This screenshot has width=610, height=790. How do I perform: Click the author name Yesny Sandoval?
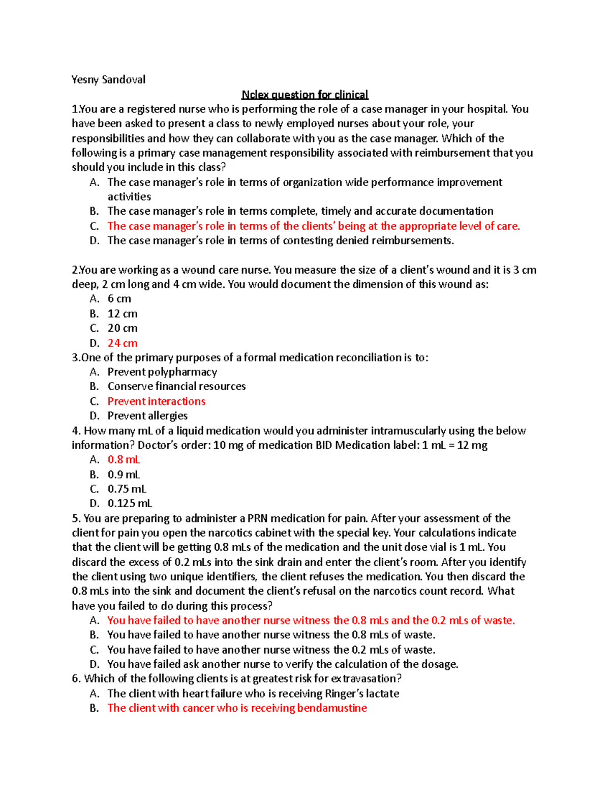point(108,79)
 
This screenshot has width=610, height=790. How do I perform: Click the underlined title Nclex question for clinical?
point(304,95)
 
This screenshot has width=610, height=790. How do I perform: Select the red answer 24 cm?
point(123,343)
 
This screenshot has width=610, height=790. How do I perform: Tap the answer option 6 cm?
point(119,299)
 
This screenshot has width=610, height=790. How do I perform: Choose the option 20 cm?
point(123,328)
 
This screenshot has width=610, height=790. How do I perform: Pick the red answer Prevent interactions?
point(157,401)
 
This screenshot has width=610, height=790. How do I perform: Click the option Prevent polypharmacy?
point(162,372)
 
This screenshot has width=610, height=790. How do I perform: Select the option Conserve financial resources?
point(176,387)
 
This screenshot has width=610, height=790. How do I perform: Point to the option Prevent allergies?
point(147,416)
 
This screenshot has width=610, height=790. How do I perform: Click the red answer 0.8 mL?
point(124,460)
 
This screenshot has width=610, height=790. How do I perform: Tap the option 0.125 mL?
point(130,504)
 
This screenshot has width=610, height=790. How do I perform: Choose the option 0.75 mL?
point(127,489)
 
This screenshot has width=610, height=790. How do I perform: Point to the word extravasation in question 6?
point(366,679)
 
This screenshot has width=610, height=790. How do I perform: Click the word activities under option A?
point(129,197)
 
